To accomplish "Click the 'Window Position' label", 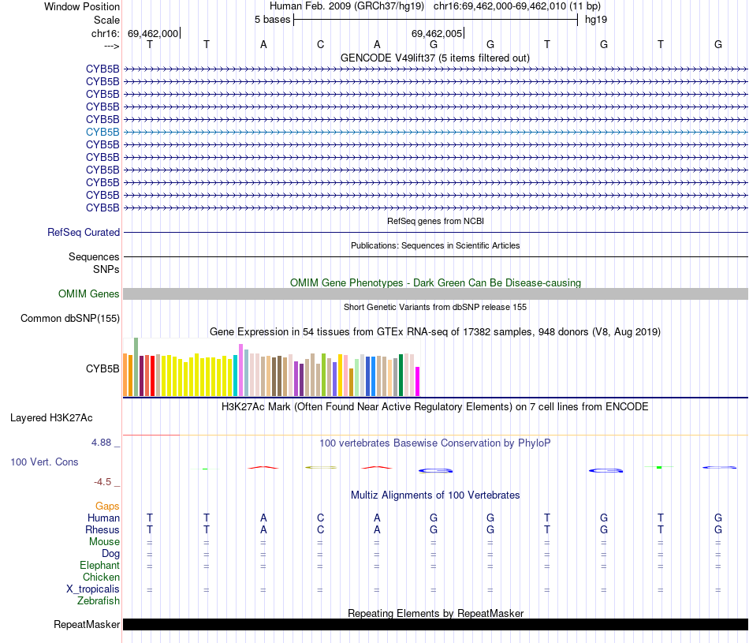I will coord(82,6).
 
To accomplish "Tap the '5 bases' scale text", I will coord(272,19).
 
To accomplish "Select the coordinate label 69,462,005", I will coord(436,34).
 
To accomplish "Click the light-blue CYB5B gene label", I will coord(102,132).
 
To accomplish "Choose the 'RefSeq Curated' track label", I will coord(84,233).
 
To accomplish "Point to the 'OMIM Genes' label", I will coord(89,294).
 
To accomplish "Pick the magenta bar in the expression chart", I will coord(418,381).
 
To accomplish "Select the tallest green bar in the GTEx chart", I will coord(136,367).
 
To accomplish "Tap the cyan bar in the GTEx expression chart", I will coord(236,376).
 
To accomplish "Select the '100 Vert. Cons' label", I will coord(44,462).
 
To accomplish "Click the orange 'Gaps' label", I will coord(107,506).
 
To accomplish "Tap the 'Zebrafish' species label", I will coord(99,601).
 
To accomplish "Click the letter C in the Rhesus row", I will coord(320,529).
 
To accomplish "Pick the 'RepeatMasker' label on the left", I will coord(87,625).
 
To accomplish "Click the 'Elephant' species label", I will coord(99,566).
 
